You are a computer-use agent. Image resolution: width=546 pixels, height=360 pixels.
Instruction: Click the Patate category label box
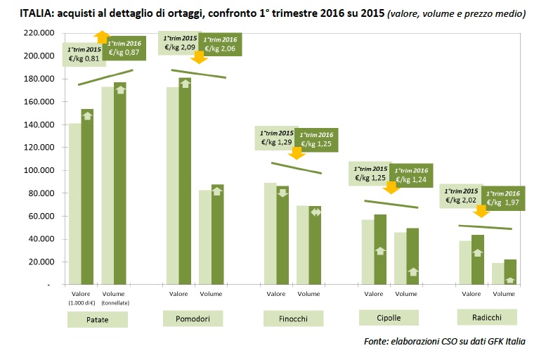(x=98, y=320)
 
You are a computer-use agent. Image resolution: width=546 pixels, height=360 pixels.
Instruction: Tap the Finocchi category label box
(x=294, y=319)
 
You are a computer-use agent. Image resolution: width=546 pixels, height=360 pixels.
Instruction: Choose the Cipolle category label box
(x=389, y=318)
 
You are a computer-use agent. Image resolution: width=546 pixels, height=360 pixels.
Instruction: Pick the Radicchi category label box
(x=487, y=319)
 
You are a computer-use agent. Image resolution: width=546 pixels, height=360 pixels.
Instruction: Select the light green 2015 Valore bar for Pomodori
(x=172, y=186)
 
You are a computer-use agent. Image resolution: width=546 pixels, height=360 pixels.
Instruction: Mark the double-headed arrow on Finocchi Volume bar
(x=315, y=212)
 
